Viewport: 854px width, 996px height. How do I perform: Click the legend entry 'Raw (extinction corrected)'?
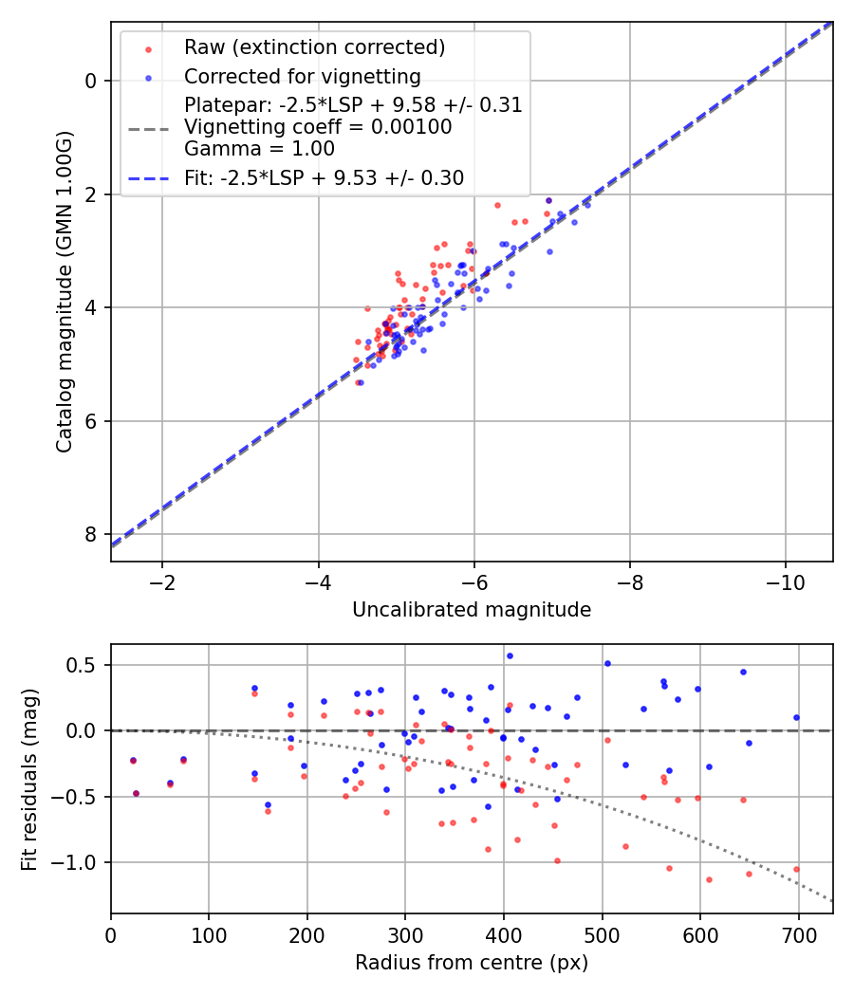[x=314, y=47]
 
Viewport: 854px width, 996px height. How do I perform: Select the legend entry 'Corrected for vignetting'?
[x=302, y=76]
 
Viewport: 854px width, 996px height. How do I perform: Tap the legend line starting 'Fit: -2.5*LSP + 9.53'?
[x=324, y=177]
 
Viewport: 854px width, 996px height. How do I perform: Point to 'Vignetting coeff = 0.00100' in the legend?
[x=318, y=126]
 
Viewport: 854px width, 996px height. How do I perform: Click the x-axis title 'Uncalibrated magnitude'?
[x=472, y=610]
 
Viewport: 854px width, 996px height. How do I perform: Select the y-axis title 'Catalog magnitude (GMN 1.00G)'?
[x=64, y=291]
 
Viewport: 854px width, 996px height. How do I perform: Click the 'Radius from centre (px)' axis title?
[x=472, y=963]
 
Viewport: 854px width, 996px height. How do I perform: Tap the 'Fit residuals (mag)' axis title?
[x=29, y=779]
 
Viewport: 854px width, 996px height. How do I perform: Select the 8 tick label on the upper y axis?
[x=91, y=534]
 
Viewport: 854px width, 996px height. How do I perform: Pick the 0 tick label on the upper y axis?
[x=91, y=81]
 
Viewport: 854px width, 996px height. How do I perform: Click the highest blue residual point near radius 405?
[x=510, y=655]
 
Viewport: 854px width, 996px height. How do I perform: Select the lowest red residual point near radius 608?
[x=709, y=879]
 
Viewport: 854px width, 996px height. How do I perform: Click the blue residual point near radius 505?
[x=607, y=663]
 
